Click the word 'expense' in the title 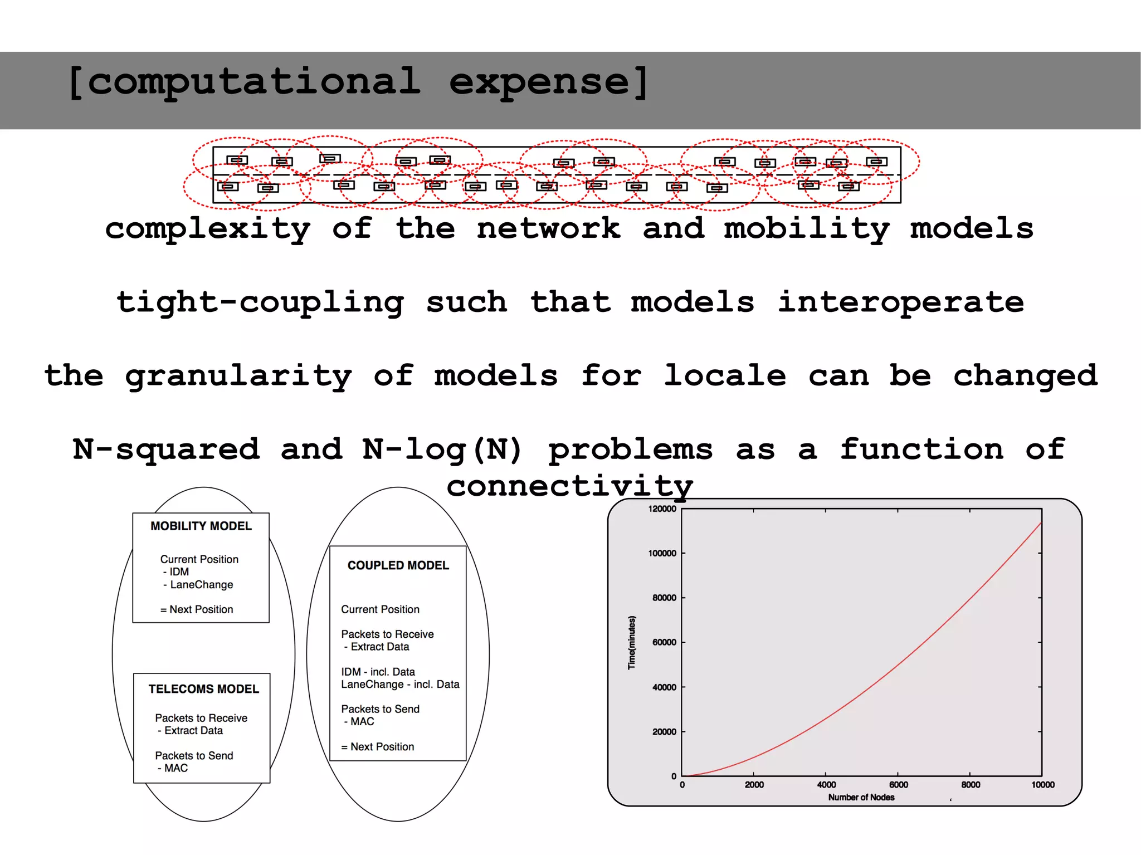(539, 82)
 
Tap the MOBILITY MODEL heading (201, 526)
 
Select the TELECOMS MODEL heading (203, 689)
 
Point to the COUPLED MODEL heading (398, 565)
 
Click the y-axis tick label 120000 (662, 509)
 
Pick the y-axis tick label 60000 (664, 642)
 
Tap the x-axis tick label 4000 (826, 785)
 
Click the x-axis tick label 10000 (1042, 785)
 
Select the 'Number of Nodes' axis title (861, 798)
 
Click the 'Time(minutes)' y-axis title (631, 642)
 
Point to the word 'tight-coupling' (260, 302)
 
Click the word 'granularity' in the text (238, 376)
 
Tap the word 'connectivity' (569, 486)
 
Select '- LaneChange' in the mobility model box (198, 585)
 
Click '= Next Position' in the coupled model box (378, 747)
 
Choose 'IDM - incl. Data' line (378, 672)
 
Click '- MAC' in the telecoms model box (173, 768)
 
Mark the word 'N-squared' (166, 450)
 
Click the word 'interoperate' (900, 302)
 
